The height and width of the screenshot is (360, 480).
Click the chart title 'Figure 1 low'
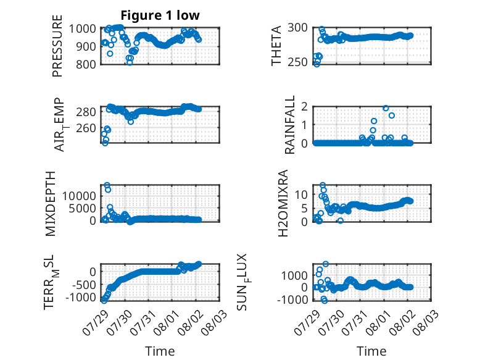(x=160, y=15)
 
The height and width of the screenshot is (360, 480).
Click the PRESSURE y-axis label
(x=57, y=46)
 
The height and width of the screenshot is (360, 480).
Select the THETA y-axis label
(x=276, y=46)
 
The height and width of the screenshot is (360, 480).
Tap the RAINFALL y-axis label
(x=289, y=124)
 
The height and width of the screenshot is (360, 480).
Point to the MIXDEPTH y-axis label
(x=50, y=204)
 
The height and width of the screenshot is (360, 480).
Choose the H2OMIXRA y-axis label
(x=283, y=203)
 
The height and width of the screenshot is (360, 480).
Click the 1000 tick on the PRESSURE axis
(x=82, y=29)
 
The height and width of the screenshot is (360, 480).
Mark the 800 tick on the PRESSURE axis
(x=86, y=64)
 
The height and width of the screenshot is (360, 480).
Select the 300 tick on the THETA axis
(x=297, y=28)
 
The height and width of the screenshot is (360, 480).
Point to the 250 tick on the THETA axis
(x=297, y=62)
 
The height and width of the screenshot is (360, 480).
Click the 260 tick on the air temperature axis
(x=86, y=128)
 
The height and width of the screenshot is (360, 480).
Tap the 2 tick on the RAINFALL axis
(x=304, y=106)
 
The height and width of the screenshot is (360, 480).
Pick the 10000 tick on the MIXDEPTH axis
(x=79, y=196)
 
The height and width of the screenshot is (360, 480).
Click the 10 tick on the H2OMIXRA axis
(x=301, y=194)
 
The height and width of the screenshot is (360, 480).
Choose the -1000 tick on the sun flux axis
(x=292, y=299)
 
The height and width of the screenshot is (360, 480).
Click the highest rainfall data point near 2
(x=386, y=108)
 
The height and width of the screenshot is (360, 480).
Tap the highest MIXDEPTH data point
(x=107, y=185)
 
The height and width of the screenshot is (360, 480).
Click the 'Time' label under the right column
(x=371, y=351)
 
